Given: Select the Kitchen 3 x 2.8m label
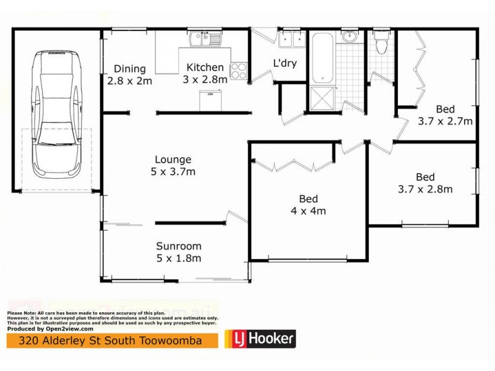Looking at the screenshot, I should click(x=205, y=73).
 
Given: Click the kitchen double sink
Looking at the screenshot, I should click(x=207, y=40).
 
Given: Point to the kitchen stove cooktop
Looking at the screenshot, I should click(x=239, y=70).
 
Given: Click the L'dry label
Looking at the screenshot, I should click(x=285, y=62).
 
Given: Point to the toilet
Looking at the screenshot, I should click(x=381, y=41).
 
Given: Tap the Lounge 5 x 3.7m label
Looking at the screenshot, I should click(x=174, y=165).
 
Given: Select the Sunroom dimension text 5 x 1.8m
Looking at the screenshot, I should click(x=179, y=258).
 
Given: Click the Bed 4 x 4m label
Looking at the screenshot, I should click(x=309, y=205).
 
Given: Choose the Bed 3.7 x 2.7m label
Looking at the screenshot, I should click(x=445, y=115).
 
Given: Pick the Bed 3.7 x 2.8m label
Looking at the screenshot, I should click(x=426, y=182).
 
